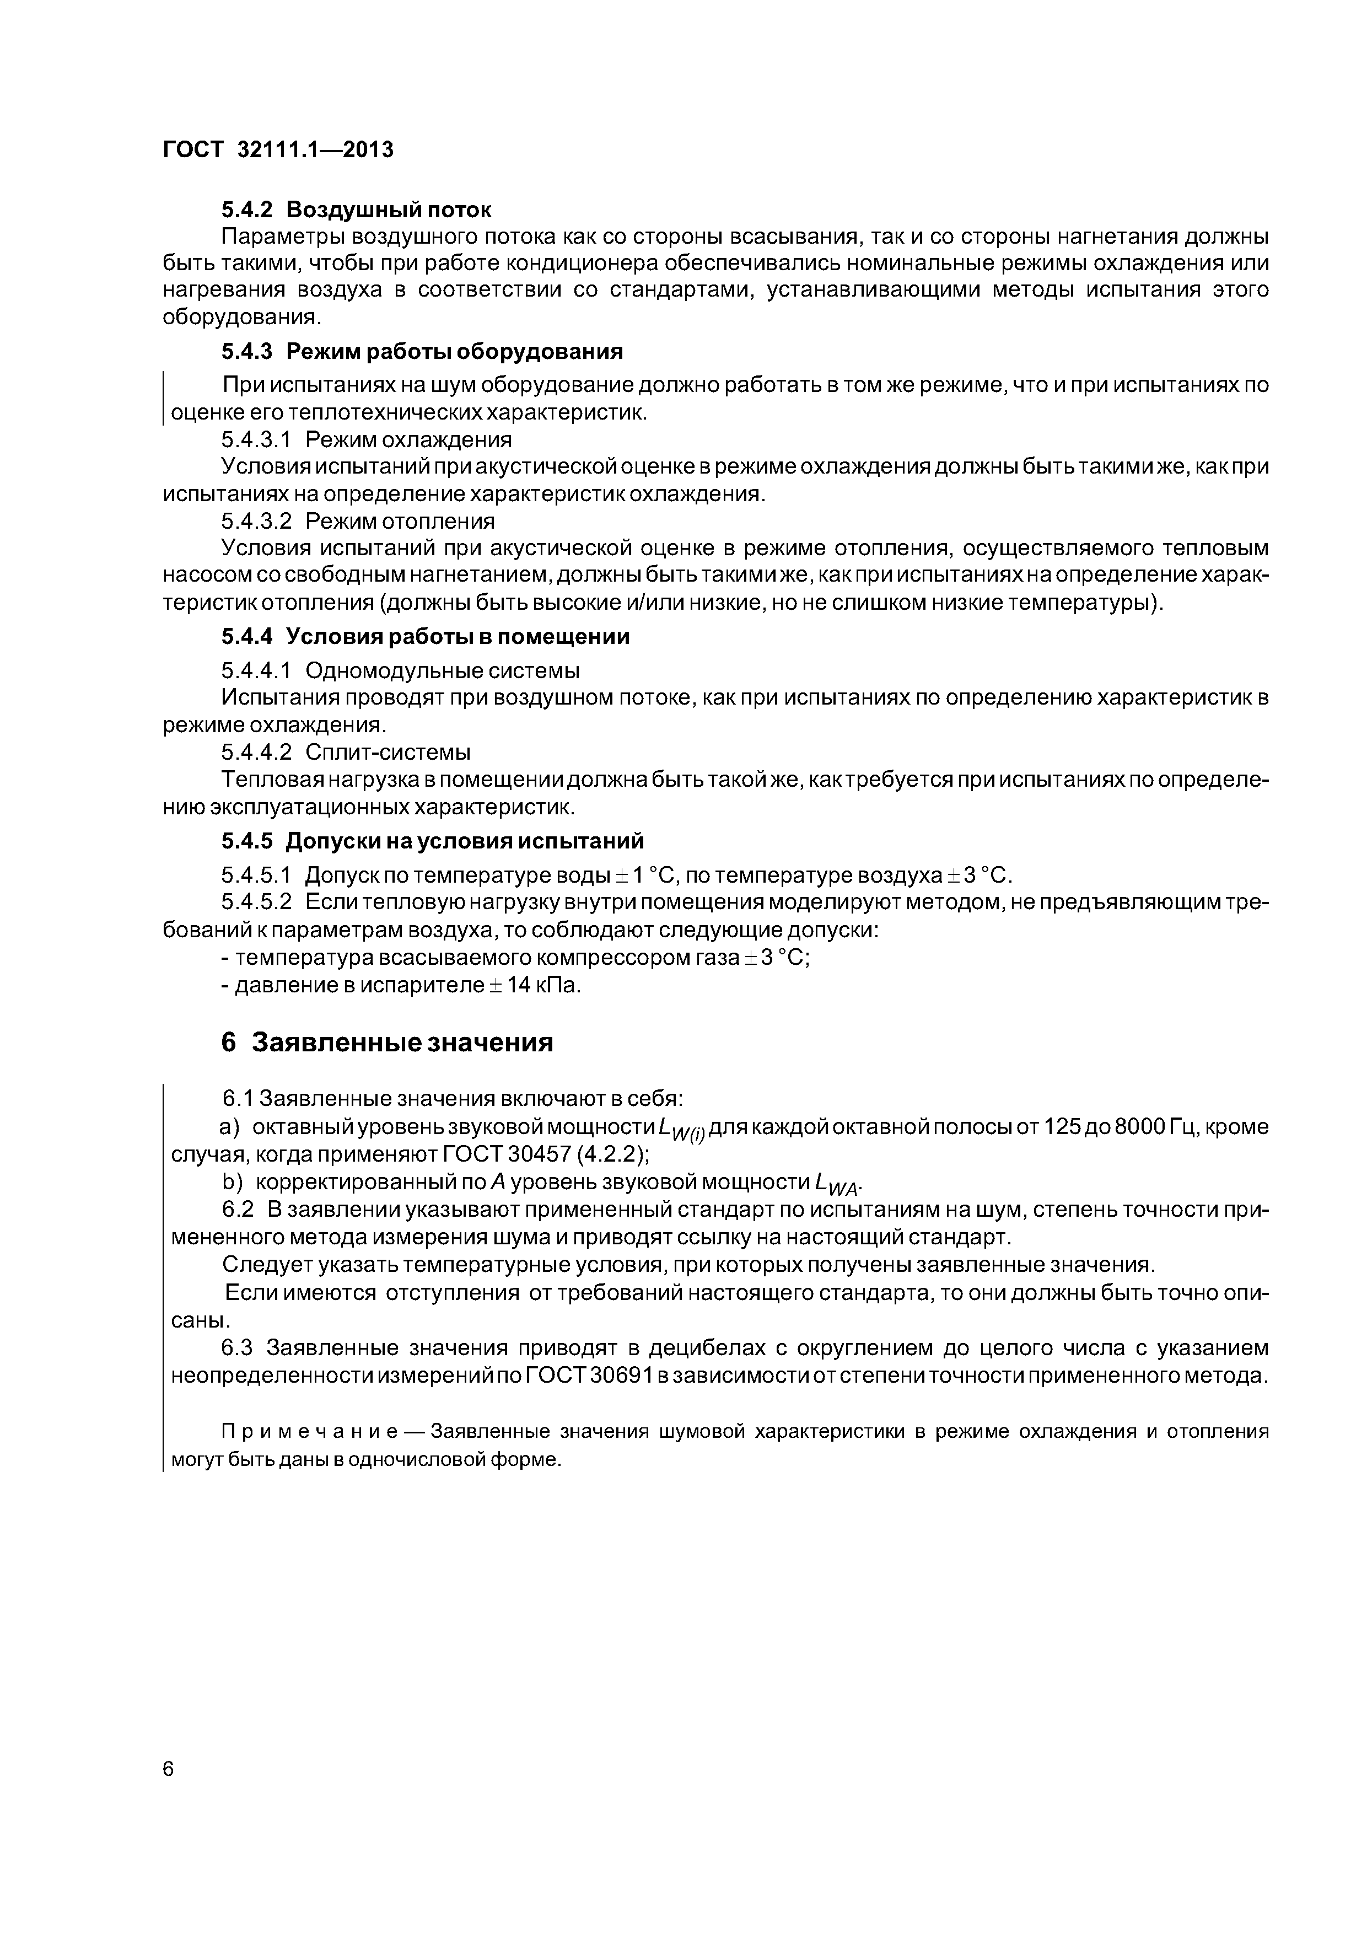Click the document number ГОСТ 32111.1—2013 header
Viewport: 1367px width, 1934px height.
pos(278,150)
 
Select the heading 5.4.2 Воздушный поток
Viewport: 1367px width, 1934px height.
pos(356,209)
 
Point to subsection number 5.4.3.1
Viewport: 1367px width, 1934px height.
pos(256,440)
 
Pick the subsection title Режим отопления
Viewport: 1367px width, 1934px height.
pos(400,520)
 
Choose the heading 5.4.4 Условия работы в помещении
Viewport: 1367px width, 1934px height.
pos(426,637)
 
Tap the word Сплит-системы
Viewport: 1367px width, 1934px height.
pos(388,752)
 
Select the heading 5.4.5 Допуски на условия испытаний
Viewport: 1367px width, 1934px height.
pos(433,841)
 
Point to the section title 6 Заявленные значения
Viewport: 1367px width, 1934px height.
pos(388,1043)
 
